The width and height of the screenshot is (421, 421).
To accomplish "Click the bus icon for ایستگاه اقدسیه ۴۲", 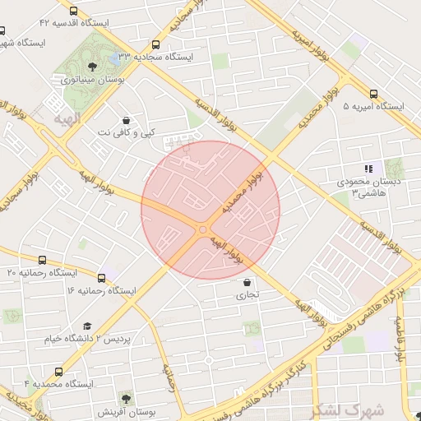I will pyautogui.click(x=75, y=12).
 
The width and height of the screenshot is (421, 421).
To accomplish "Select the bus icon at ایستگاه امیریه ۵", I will pyautogui.click(x=374, y=95).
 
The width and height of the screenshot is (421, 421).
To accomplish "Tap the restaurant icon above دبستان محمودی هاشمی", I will pyautogui.click(x=368, y=168).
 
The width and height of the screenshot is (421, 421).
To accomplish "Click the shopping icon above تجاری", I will pyautogui.click(x=247, y=281).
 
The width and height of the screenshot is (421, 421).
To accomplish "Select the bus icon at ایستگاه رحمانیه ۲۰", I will pyautogui.click(x=42, y=260).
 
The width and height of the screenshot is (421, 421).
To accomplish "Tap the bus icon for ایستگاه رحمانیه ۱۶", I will pyautogui.click(x=102, y=278).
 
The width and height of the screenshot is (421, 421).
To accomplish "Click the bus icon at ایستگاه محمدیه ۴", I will pyautogui.click(x=58, y=372).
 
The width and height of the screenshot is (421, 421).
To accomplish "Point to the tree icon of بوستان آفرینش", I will pyautogui.click(x=125, y=398).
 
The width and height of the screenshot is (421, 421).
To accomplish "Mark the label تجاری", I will pyautogui.click(x=248, y=294).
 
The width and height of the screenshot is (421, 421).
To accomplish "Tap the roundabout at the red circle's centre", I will pyautogui.click(x=201, y=229).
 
